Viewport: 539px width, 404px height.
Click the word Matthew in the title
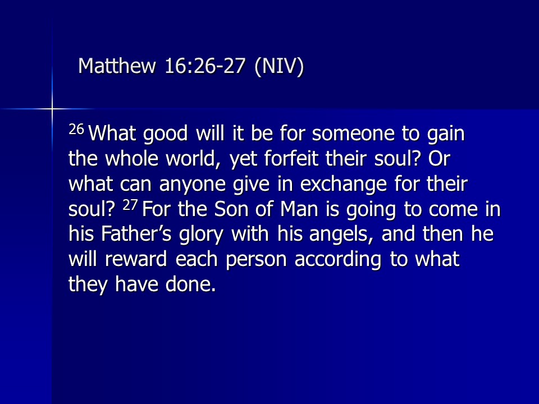tap(117, 66)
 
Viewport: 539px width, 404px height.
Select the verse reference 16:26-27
tap(205, 66)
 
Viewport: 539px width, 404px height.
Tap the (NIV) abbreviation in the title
tap(279, 66)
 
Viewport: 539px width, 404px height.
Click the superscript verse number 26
tap(76, 130)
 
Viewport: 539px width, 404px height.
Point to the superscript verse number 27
tap(130, 205)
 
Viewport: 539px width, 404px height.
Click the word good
tap(165, 134)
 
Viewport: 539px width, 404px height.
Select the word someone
tap(353, 134)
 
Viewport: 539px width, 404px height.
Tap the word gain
tap(446, 134)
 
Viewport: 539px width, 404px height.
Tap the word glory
tap(201, 235)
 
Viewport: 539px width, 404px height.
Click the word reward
tap(136, 259)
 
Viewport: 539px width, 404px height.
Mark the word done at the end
tap(190, 284)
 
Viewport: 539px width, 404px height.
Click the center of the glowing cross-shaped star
tap(52, 109)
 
